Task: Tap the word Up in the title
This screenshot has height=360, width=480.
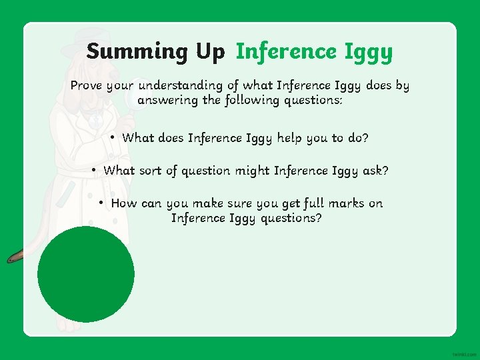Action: click(210, 51)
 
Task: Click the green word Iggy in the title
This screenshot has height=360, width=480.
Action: click(368, 52)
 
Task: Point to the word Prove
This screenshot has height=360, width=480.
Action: click(87, 85)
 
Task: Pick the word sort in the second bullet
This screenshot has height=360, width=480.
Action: click(151, 171)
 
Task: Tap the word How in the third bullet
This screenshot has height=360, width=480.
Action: click(123, 203)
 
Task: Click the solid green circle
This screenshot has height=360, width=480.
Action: click(86, 274)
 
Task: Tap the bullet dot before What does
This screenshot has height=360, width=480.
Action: click(114, 137)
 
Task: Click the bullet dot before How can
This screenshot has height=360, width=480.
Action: click(101, 203)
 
